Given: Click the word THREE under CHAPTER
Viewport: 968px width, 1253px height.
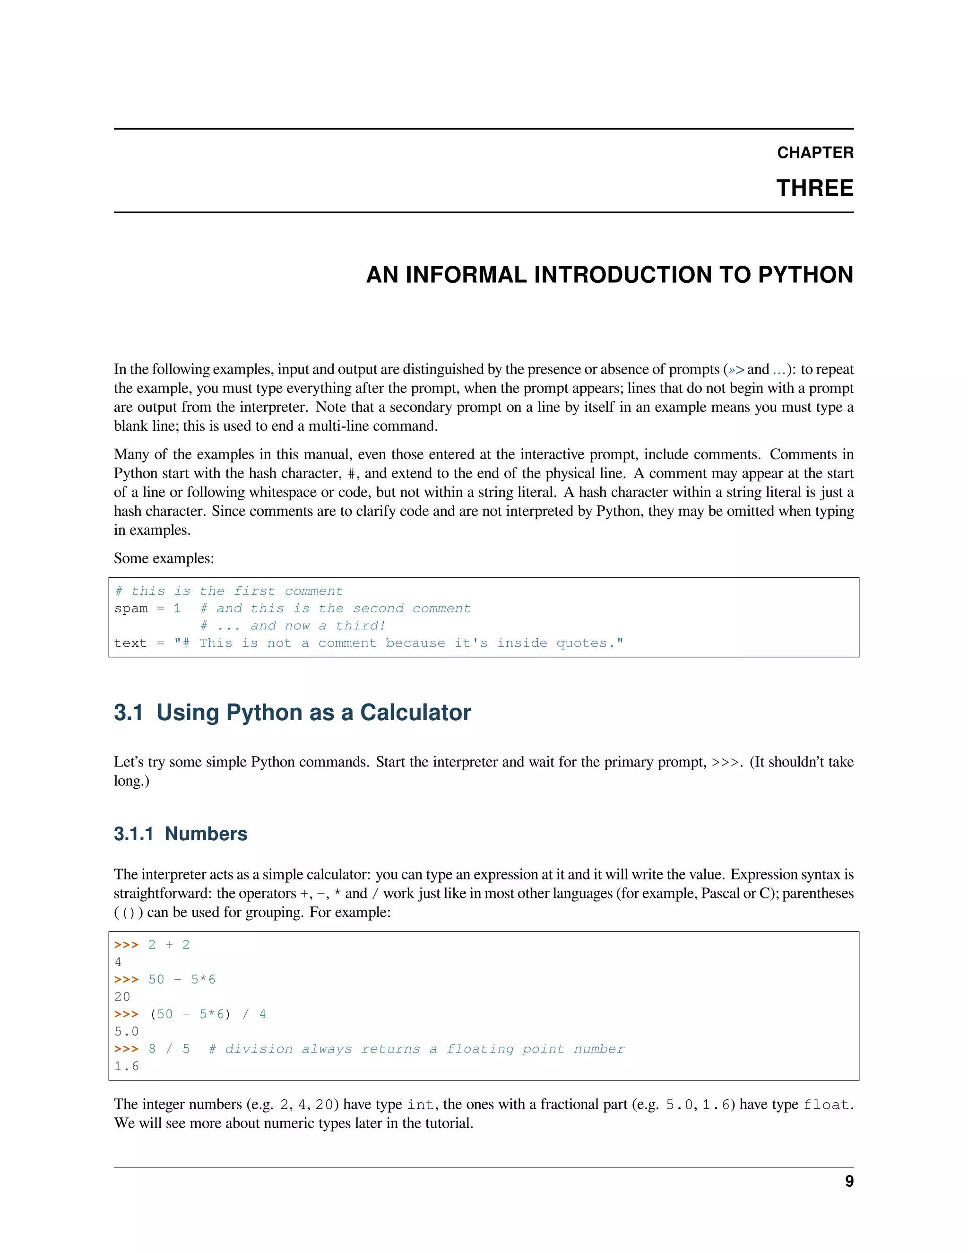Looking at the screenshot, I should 814,188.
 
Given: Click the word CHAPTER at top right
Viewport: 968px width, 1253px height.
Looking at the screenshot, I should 815,153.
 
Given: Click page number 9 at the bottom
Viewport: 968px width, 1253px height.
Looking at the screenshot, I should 849,1181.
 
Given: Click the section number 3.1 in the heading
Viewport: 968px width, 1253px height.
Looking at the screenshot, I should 129,713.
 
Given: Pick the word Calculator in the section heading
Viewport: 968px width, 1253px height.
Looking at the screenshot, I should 415,713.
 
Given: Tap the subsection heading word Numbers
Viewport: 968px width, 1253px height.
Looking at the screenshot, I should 206,834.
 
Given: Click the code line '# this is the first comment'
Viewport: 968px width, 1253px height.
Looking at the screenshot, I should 229,591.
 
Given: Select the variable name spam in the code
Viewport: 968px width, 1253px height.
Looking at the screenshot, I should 131,608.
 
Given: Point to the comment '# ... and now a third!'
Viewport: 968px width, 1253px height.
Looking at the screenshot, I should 293,626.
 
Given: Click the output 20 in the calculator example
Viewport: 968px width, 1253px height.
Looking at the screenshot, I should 122,997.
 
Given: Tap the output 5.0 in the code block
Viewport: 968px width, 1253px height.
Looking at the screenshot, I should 126,1032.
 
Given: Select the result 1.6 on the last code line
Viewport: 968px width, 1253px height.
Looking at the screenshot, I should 126,1066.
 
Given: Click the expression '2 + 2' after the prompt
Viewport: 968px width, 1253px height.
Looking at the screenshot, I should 169,945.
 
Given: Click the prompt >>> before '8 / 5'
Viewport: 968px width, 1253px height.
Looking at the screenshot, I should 126,1049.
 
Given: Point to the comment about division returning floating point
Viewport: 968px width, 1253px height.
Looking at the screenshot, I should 416,1049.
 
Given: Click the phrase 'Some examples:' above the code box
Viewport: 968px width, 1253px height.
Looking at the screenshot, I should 164,558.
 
